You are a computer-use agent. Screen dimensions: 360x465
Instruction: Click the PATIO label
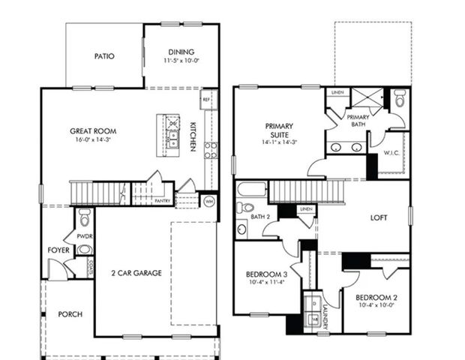click(x=104, y=55)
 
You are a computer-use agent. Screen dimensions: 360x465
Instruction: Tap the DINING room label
click(x=181, y=52)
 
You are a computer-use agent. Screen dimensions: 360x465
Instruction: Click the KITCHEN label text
click(x=193, y=136)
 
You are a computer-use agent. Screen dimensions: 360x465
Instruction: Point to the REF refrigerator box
click(x=205, y=99)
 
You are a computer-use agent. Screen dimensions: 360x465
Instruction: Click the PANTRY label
click(x=163, y=201)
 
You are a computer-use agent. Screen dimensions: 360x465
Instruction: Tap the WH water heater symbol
click(x=208, y=201)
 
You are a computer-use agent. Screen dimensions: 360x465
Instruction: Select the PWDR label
click(x=73, y=234)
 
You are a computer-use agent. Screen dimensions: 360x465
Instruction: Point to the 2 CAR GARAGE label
click(x=136, y=273)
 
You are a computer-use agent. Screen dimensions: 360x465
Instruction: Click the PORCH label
click(x=70, y=314)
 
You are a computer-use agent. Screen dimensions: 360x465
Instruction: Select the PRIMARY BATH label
click(x=358, y=120)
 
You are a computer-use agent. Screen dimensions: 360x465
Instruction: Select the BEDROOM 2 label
click(x=376, y=298)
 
